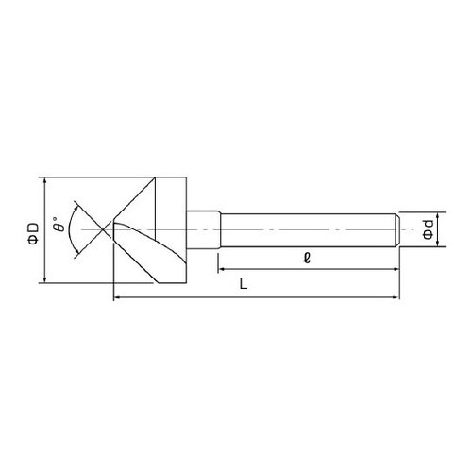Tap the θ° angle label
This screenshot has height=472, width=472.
click(x=59, y=224)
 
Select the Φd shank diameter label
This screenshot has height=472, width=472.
click(x=428, y=229)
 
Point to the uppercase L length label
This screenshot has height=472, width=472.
click(x=244, y=284)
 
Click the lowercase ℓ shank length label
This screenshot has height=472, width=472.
click(x=307, y=259)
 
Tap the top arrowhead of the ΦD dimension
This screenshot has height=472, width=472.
click(x=44, y=180)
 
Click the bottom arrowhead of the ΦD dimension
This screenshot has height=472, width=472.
click(x=44, y=279)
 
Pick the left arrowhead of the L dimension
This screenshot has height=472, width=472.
click(x=117, y=296)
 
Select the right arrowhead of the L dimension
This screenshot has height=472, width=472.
click(x=396, y=296)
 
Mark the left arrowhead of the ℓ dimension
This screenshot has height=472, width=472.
click(x=222, y=269)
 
